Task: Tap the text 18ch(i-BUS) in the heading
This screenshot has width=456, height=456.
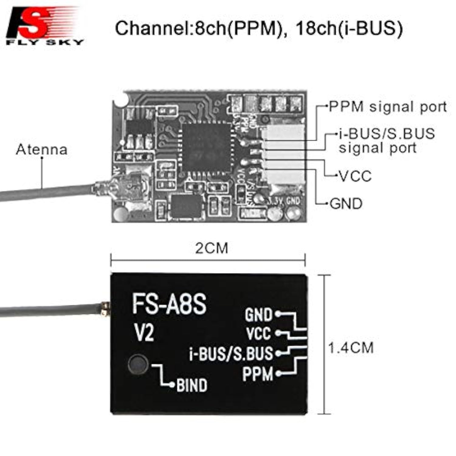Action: tap(349, 28)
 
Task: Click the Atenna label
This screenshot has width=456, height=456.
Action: tap(42, 150)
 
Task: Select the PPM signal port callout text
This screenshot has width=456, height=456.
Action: tap(388, 107)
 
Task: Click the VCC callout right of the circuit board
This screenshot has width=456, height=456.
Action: tap(355, 176)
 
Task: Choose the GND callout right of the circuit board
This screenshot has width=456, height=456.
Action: tap(346, 203)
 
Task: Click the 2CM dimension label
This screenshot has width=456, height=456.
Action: tap(212, 248)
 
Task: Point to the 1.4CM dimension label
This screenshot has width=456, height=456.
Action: tap(351, 348)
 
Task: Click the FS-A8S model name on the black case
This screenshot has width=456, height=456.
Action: tap(169, 304)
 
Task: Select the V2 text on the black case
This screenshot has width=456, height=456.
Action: tap(144, 333)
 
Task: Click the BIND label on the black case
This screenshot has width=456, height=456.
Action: tap(192, 385)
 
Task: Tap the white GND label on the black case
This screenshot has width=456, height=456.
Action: tap(258, 315)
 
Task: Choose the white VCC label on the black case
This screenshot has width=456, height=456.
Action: tap(258, 333)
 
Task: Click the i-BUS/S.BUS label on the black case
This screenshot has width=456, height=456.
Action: tap(231, 354)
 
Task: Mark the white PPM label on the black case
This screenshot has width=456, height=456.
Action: tap(257, 374)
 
